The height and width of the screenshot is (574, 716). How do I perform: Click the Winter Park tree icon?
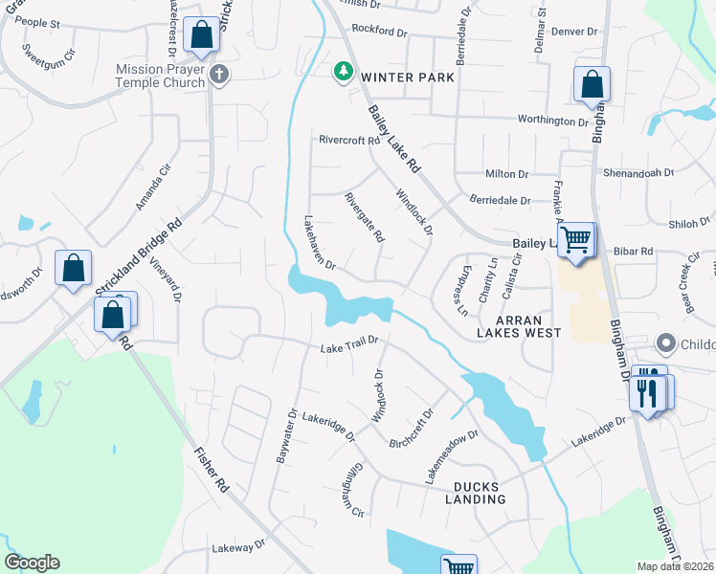click(342, 72)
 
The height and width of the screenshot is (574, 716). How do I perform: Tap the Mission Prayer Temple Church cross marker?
click(219, 75)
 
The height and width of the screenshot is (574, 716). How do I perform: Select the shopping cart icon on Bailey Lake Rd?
click(575, 239)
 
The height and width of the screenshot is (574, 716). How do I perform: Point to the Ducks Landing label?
click(476, 492)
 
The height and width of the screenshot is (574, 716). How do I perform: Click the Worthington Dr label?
click(552, 121)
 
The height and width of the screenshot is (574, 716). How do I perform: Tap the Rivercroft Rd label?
click(349, 140)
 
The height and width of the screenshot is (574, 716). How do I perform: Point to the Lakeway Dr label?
click(237, 548)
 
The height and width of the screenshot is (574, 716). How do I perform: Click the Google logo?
click(32, 563)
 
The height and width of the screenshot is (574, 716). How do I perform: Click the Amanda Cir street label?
click(152, 187)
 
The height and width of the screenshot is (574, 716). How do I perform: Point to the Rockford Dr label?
click(379, 30)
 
